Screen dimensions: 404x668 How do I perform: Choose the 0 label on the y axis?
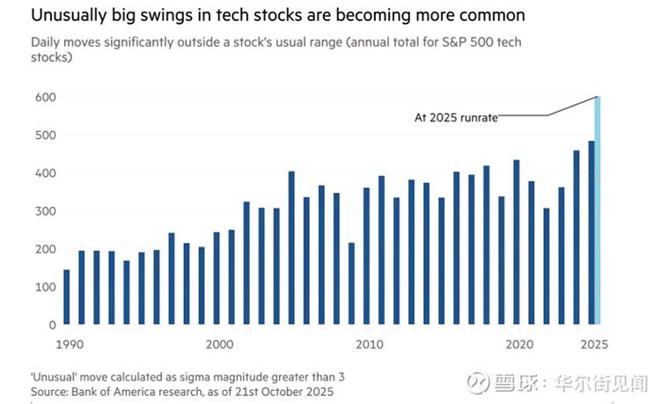click(x=50, y=325)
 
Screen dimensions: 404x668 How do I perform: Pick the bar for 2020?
click(x=516, y=242)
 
